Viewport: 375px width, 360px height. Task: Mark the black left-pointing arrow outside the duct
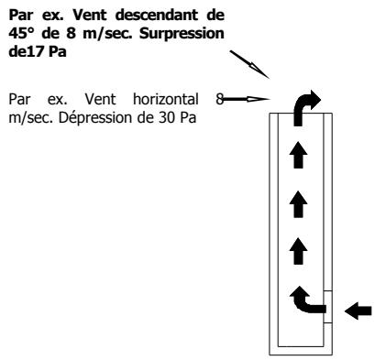pyautogui.click(x=358, y=311)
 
